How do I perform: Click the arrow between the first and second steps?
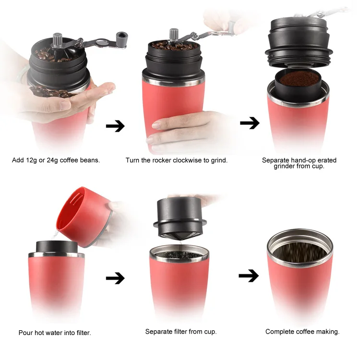point(115,126)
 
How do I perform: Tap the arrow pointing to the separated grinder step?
point(250,123)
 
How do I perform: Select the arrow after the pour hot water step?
point(115,278)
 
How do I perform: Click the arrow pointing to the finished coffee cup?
point(249,276)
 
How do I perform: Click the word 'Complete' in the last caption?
point(279,331)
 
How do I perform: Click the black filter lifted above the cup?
point(179,214)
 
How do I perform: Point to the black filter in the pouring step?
point(53,246)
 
